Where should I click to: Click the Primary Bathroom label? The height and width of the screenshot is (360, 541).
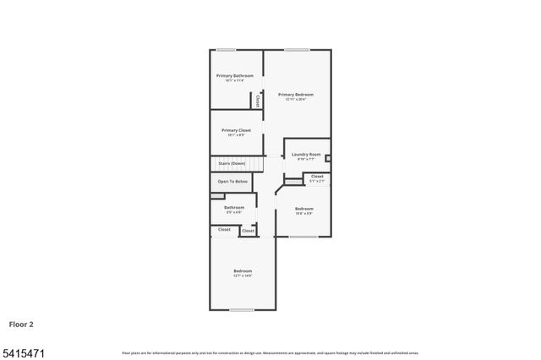234,76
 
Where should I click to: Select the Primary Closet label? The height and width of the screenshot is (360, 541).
237,130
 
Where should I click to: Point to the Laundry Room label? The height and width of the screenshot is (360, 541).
306,155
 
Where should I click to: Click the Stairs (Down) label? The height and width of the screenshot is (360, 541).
232,162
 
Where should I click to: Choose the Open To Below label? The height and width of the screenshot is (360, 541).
232,182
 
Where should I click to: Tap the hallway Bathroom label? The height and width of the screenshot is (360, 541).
234,207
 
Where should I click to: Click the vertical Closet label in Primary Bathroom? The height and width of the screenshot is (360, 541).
257,101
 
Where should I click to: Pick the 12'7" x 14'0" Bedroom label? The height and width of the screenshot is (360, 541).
243,271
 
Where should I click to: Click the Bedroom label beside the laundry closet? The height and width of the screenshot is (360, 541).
303,209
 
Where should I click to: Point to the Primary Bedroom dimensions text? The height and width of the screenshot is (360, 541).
299,100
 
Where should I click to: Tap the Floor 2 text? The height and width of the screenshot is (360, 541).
22,323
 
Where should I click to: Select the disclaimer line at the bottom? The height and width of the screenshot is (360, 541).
270,353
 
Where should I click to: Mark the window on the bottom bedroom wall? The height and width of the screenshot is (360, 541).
242,310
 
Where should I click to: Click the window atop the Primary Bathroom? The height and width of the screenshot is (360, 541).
226,50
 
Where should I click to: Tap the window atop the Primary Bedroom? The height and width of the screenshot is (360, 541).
297,50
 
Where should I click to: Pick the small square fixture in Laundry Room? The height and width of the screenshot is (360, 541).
328,156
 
